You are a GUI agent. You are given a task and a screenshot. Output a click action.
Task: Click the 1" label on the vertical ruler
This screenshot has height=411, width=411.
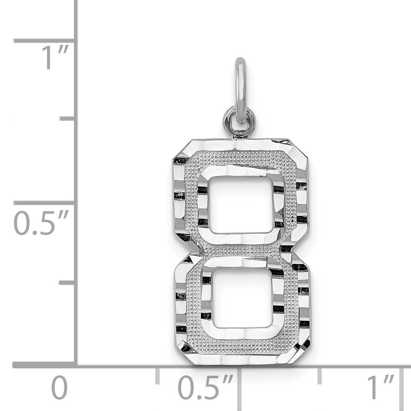click(56, 57)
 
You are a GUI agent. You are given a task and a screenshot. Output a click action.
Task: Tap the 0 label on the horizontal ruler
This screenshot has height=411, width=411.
click(59, 387)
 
